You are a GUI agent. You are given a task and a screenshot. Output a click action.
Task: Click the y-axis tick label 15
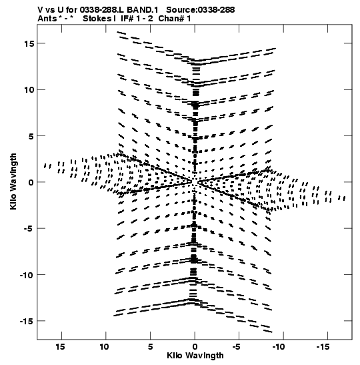pyautogui.click(x=29, y=43)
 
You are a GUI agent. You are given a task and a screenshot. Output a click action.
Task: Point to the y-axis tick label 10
pyautogui.click(x=29, y=90)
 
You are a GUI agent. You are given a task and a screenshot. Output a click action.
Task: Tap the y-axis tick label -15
pyautogui.click(x=27, y=321)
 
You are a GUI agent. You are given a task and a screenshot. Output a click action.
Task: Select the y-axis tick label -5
pyautogui.click(x=29, y=229)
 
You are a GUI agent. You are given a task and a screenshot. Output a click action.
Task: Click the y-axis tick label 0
pyautogui.click(x=31, y=182)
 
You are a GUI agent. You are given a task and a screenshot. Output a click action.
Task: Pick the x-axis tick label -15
pyautogui.click(x=323, y=347)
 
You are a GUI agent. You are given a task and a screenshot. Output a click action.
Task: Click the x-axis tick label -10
pyautogui.click(x=279, y=347)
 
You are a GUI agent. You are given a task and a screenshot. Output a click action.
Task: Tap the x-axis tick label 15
pyautogui.click(x=60, y=347)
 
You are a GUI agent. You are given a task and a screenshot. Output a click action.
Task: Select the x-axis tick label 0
pyautogui.click(x=195, y=347)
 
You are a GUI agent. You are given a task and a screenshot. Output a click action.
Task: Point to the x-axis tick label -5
pyautogui.click(x=237, y=347)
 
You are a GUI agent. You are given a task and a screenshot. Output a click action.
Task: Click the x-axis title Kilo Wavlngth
pyautogui.click(x=195, y=356)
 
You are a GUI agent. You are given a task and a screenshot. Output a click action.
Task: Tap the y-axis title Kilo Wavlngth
pyautogui.click(x=13, y=181)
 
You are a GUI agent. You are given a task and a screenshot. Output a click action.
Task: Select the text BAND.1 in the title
pyautogui.click(x=143, y=10)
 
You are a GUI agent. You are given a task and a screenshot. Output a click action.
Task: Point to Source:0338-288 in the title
pyautogui.click(x=201, y=10)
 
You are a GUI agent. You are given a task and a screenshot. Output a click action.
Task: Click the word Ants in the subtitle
pyautogui.click(x=47, y=19)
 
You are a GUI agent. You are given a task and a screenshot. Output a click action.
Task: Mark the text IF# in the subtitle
pyautogui.click(x=127, y=19)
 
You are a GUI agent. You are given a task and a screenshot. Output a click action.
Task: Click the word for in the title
pyautogui.click(x=71, y=10)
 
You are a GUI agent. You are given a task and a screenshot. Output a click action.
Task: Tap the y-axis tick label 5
pyautogui.click(x=31, y=136)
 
